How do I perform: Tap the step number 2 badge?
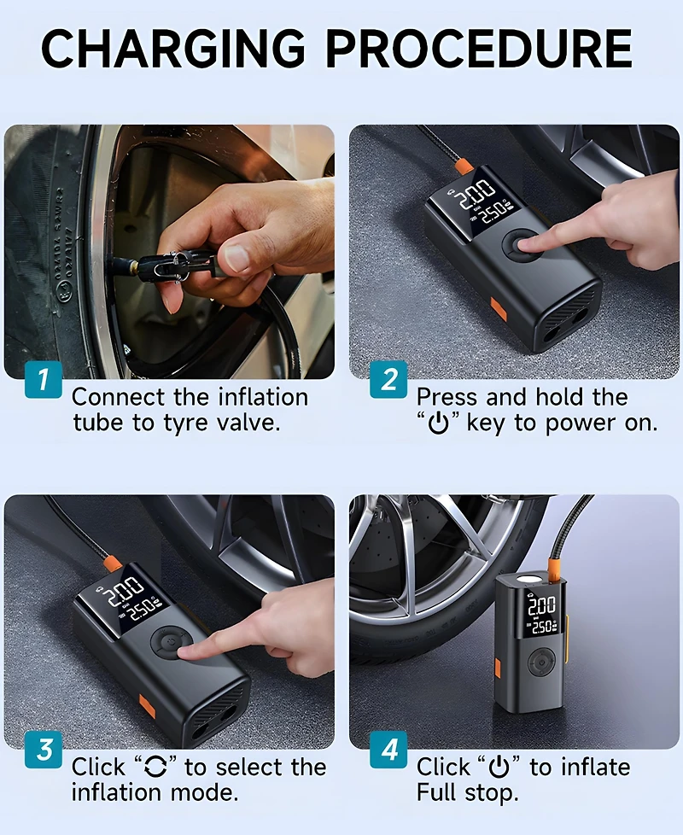(388, 378)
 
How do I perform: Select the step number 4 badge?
(388, 749)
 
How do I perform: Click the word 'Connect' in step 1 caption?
(115, 397)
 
